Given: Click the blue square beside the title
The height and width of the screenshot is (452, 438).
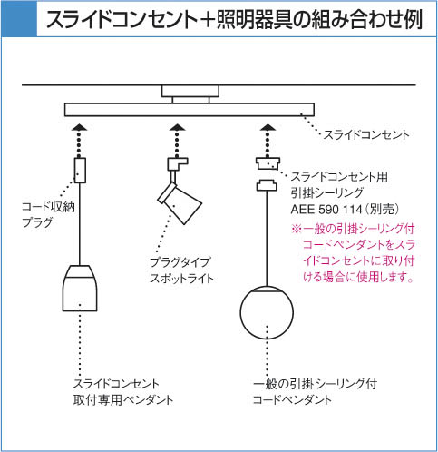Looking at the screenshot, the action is tap(19, 18).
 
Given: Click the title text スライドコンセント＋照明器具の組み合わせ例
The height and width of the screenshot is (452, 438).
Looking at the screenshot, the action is tap(234, 19).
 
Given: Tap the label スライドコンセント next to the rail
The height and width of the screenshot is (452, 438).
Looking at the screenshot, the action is tap(366, 135).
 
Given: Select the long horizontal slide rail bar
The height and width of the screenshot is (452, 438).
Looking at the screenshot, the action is tap(190, 110).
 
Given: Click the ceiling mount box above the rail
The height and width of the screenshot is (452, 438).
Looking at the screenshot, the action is tap(190, 91).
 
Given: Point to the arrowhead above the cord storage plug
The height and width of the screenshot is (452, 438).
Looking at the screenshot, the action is tap(80, 127).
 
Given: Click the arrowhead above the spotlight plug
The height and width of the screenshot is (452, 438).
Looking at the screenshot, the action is tap(178, 127).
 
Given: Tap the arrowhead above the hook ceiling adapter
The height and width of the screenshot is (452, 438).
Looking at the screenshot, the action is tap(268, 127).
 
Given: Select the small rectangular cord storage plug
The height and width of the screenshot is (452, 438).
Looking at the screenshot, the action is tap(80, 170).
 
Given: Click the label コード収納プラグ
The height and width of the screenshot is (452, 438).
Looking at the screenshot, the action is tap(48, 215).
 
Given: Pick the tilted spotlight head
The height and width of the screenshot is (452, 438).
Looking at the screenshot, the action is tap(180, 203).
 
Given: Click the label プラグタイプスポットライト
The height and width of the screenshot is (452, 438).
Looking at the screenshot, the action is tap(182, 270).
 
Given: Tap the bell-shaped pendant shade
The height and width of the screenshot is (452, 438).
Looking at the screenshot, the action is tap(80, 289).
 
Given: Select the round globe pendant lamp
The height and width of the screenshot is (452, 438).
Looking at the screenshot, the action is tap(267, 312).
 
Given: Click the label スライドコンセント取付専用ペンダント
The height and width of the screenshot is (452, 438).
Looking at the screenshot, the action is tap(123, 392).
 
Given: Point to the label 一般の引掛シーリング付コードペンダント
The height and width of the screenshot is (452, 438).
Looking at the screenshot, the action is tap(315, 392).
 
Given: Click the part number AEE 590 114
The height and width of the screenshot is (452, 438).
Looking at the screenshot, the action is tap(326, 210).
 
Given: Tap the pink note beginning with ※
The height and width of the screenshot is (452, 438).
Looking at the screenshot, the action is tap(353, 253).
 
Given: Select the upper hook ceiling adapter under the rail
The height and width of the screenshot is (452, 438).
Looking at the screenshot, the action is tap(268, 163).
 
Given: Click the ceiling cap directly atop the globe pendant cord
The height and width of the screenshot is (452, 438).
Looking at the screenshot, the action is tap(267, 185).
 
